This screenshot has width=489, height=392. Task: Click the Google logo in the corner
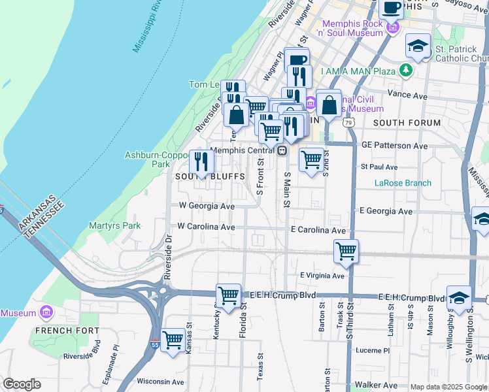(x=22, y=384)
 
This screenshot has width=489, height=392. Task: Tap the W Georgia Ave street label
(x=207, y=206)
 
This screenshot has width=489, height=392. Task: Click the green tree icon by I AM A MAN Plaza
(x=407, y=70)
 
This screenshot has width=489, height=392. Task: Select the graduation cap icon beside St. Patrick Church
(x=418, y=46)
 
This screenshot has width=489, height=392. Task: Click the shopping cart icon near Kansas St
(x=173, y=340)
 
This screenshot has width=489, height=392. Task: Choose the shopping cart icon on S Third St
(x=346, y=251)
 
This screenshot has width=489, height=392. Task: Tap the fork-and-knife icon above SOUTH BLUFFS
(x=201, y=161)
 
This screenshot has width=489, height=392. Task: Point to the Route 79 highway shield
(x=349, y=123)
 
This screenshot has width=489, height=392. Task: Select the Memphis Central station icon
(x=282, y=150)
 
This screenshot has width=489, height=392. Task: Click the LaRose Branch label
(x=403, y=183)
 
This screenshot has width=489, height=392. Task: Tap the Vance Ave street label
(x=407, y=95)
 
